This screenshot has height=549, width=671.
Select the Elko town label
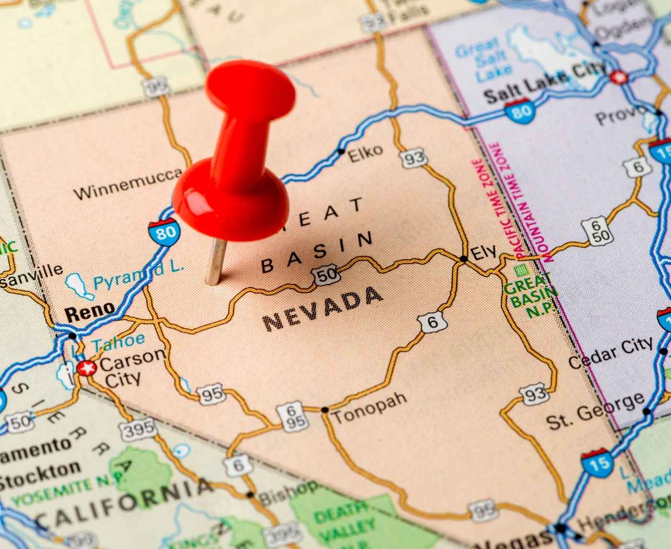click(x=365, y=153)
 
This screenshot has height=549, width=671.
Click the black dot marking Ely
click(x=463, y=259)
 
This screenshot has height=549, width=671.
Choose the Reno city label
click(x=90, y=312)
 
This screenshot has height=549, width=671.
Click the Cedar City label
click(x=611, y=353)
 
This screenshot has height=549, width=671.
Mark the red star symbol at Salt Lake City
click(x=619, y=77)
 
